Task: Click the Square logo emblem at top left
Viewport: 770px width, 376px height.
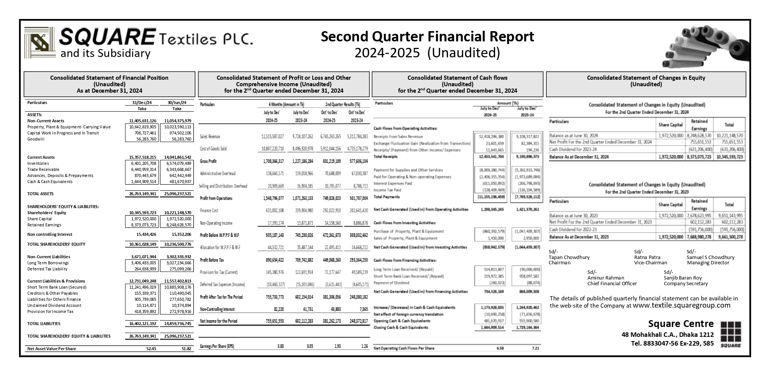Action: pyautogui.click(x=40, y=42)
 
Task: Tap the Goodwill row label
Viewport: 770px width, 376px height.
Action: pyautogui.click(x=36, y=139)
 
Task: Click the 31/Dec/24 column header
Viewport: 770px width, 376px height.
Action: pyautogui.click(x=142, y=103)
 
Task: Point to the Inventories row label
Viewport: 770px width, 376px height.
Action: pyautogui.click(x=38, y=163)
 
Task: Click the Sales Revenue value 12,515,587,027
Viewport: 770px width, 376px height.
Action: pyautogui.click(x=272, y=136)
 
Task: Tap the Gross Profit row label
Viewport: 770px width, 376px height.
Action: pyautogui.click(x=208, y=161)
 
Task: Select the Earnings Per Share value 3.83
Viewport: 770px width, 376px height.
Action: pyautogui.click(x=281, y=346)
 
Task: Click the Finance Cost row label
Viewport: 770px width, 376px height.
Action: pyautogui.click(x=209, y=210)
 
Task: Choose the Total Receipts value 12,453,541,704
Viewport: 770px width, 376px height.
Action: pyautogui.click(x=490, y=156)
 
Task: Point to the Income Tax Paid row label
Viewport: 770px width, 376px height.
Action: pyautogui.click(x=387, y=190)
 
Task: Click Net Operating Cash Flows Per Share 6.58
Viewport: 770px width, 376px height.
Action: pyautogui.click(x=500, y=348)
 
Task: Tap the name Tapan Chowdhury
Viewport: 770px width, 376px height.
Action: pyautogui.click(x=569, y=257)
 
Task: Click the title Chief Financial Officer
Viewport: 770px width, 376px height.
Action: pyautogui.click(x=612, y=283)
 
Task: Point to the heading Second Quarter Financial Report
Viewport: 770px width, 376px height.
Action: pyautogui.click(x=427, y=37)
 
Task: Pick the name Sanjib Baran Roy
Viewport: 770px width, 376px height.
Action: pyautogui.click(x=683, y=278)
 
